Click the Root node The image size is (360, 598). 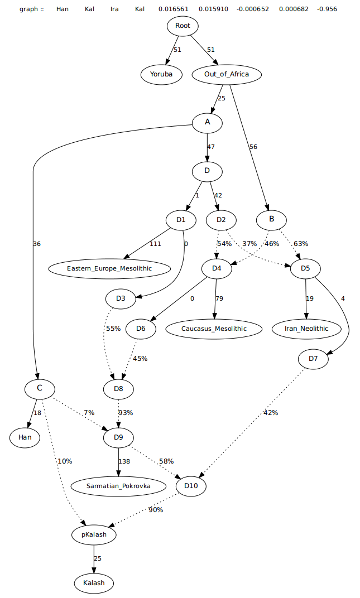pyautogui.click(x=182, y=26)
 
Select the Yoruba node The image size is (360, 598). pyautogui.click(x=161, y=74)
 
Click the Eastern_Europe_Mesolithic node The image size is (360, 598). pyautogui.click(x=109, y=268)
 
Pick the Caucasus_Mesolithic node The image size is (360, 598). pyautogui.click(x=214, y=329)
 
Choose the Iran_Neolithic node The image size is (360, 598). pyautogui.click(x=306, y=329)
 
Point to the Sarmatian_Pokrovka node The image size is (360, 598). pyautogui.click(x=118, y=486)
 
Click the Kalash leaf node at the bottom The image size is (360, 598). pyautogui.click(x=94, y=583)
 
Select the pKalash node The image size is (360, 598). pyautogui.click(x=94, y=534)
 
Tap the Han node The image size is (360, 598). pyautogui.click(x=25, y=437)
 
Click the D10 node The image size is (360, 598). pyautogui.click(x=191, y=486)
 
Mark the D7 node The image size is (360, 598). pyautogui.click(x=313, y=358)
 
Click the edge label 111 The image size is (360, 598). pyautogui.click(x=156, y=244)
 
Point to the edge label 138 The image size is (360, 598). pyautogui.click(x=124, y=462)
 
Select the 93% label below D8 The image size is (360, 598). pyautogui.click(x=125, y=413)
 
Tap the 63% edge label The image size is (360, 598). pyautogui.click(x=300, y=243)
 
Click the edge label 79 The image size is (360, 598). pyautogui.click(x=219, y=298)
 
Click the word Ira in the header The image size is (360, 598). pyautogui.click(x=114, y=9)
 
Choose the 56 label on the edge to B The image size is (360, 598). pyautogui.click(x=253, y=147)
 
